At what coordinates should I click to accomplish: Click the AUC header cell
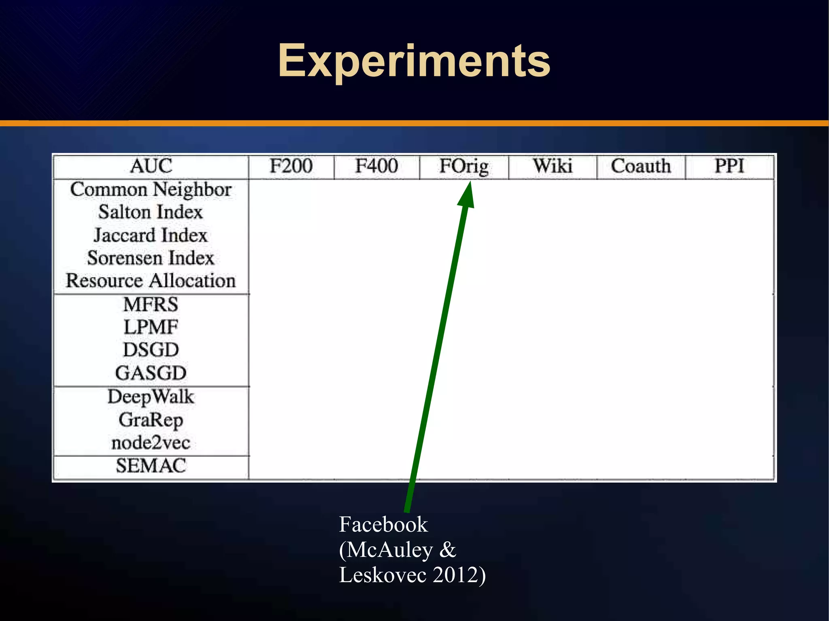(x=151, y=166)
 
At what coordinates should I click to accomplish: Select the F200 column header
(x=291, y=166)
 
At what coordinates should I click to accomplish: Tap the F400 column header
(x=376, y=166)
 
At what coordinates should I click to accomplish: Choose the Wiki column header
(x=553, y=166)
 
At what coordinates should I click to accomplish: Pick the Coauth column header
(x=641, y=166)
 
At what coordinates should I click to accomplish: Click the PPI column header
(x=729, y=166)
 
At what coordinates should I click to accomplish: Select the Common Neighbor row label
(x=151, y=190)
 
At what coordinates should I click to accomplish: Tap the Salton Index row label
(x=151, y=212)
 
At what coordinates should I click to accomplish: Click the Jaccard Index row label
(x=151, y=235)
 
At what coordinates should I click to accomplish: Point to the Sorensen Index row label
(x=151, y=258)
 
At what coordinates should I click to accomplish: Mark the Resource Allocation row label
(x=151, y=281)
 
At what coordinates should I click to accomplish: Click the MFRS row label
(x=151, y=304)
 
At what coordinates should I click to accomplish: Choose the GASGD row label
(x=151, y=373)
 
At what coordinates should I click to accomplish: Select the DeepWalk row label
(x=151, y=397)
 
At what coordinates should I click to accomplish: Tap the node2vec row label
(x=151, y=443)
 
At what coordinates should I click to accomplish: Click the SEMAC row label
(x=151, y=466)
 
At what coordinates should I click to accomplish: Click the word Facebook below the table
(x=383, y=524)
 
